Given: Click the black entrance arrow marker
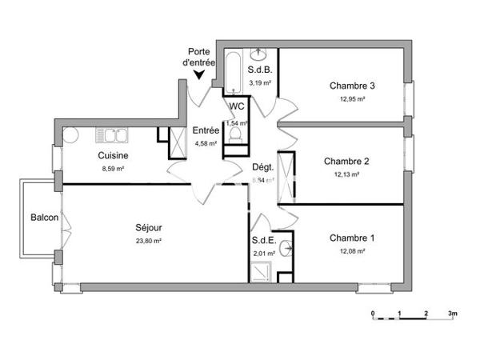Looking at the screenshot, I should pos(199,76).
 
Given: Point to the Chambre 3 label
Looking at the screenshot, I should pos(352,86).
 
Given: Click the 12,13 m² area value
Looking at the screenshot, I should pos(346,174).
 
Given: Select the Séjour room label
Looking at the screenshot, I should pos(148,227).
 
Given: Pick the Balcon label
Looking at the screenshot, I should pos(43,218).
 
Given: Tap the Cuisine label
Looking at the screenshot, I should pos(114,155).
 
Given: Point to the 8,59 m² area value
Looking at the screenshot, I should pos(114,169).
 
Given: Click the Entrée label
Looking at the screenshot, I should pos(206,131).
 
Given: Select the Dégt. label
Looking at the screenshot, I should pos(263,167).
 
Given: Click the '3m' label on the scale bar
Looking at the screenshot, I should pos(452,313).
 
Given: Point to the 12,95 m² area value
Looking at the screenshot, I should pos(352,99).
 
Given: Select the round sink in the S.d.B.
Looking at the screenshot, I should pos(260,55).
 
